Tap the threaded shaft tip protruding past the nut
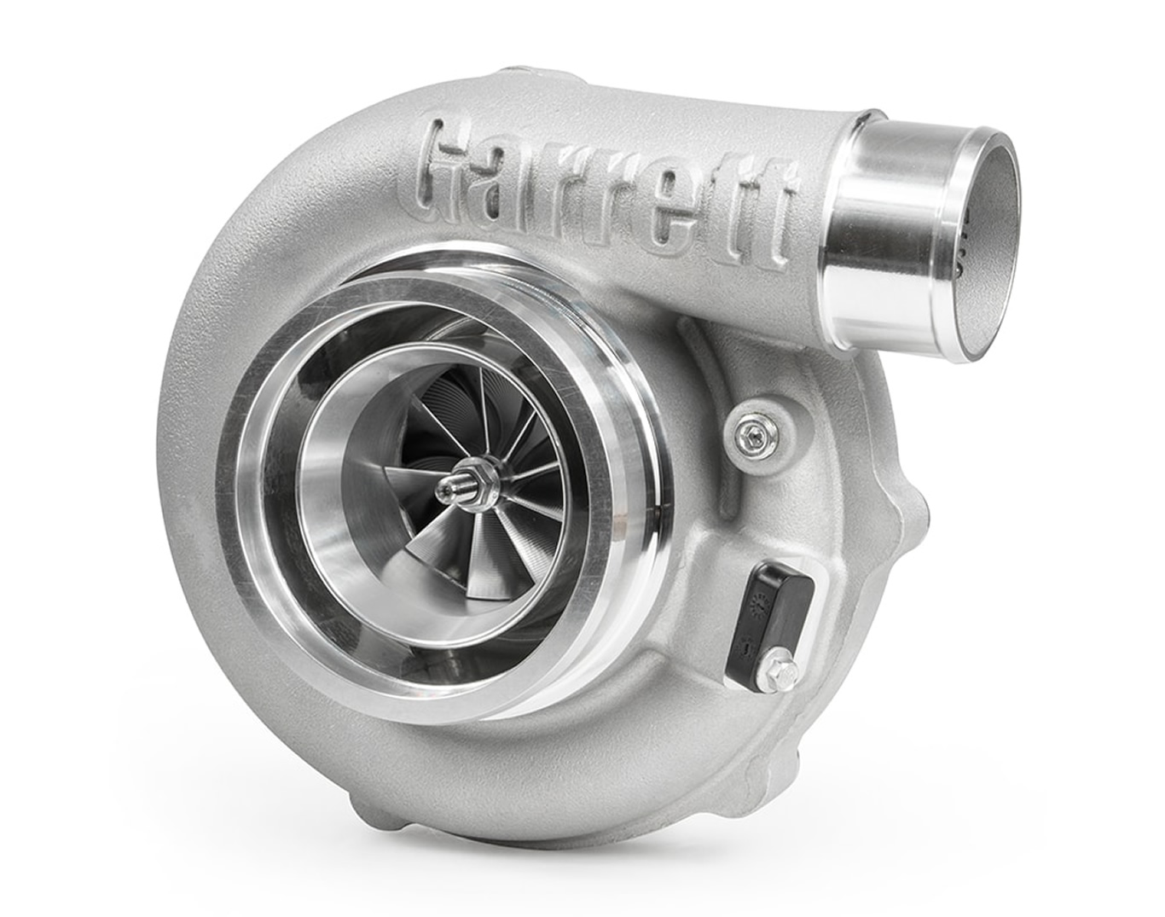click(447, 494)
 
